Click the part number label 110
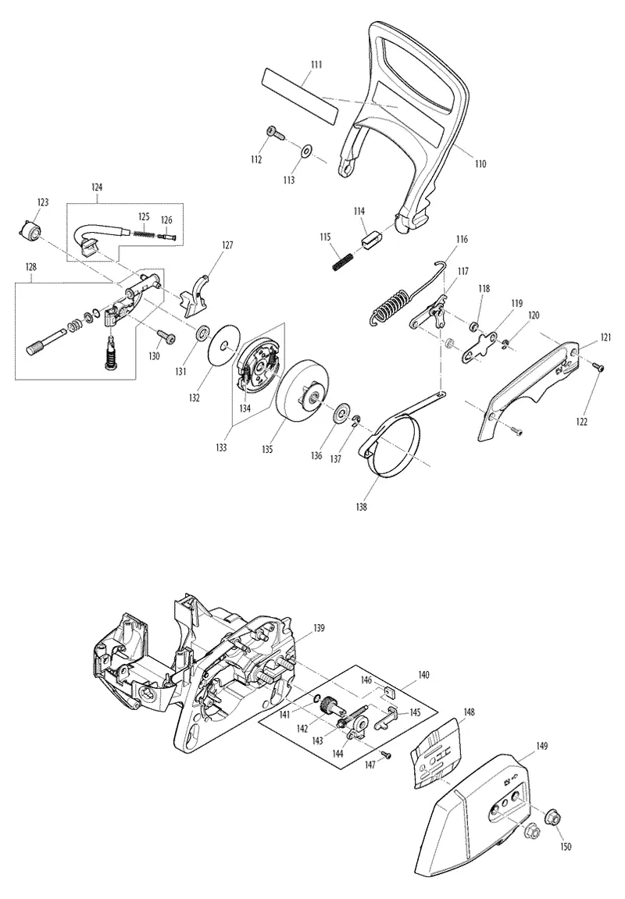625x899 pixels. point(480,164)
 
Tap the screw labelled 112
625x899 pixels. point(276,133)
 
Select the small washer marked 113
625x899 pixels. point(307,152)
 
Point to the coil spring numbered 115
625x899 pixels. point(344,260)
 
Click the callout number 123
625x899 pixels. point(43,202)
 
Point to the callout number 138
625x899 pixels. point(361,507)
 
